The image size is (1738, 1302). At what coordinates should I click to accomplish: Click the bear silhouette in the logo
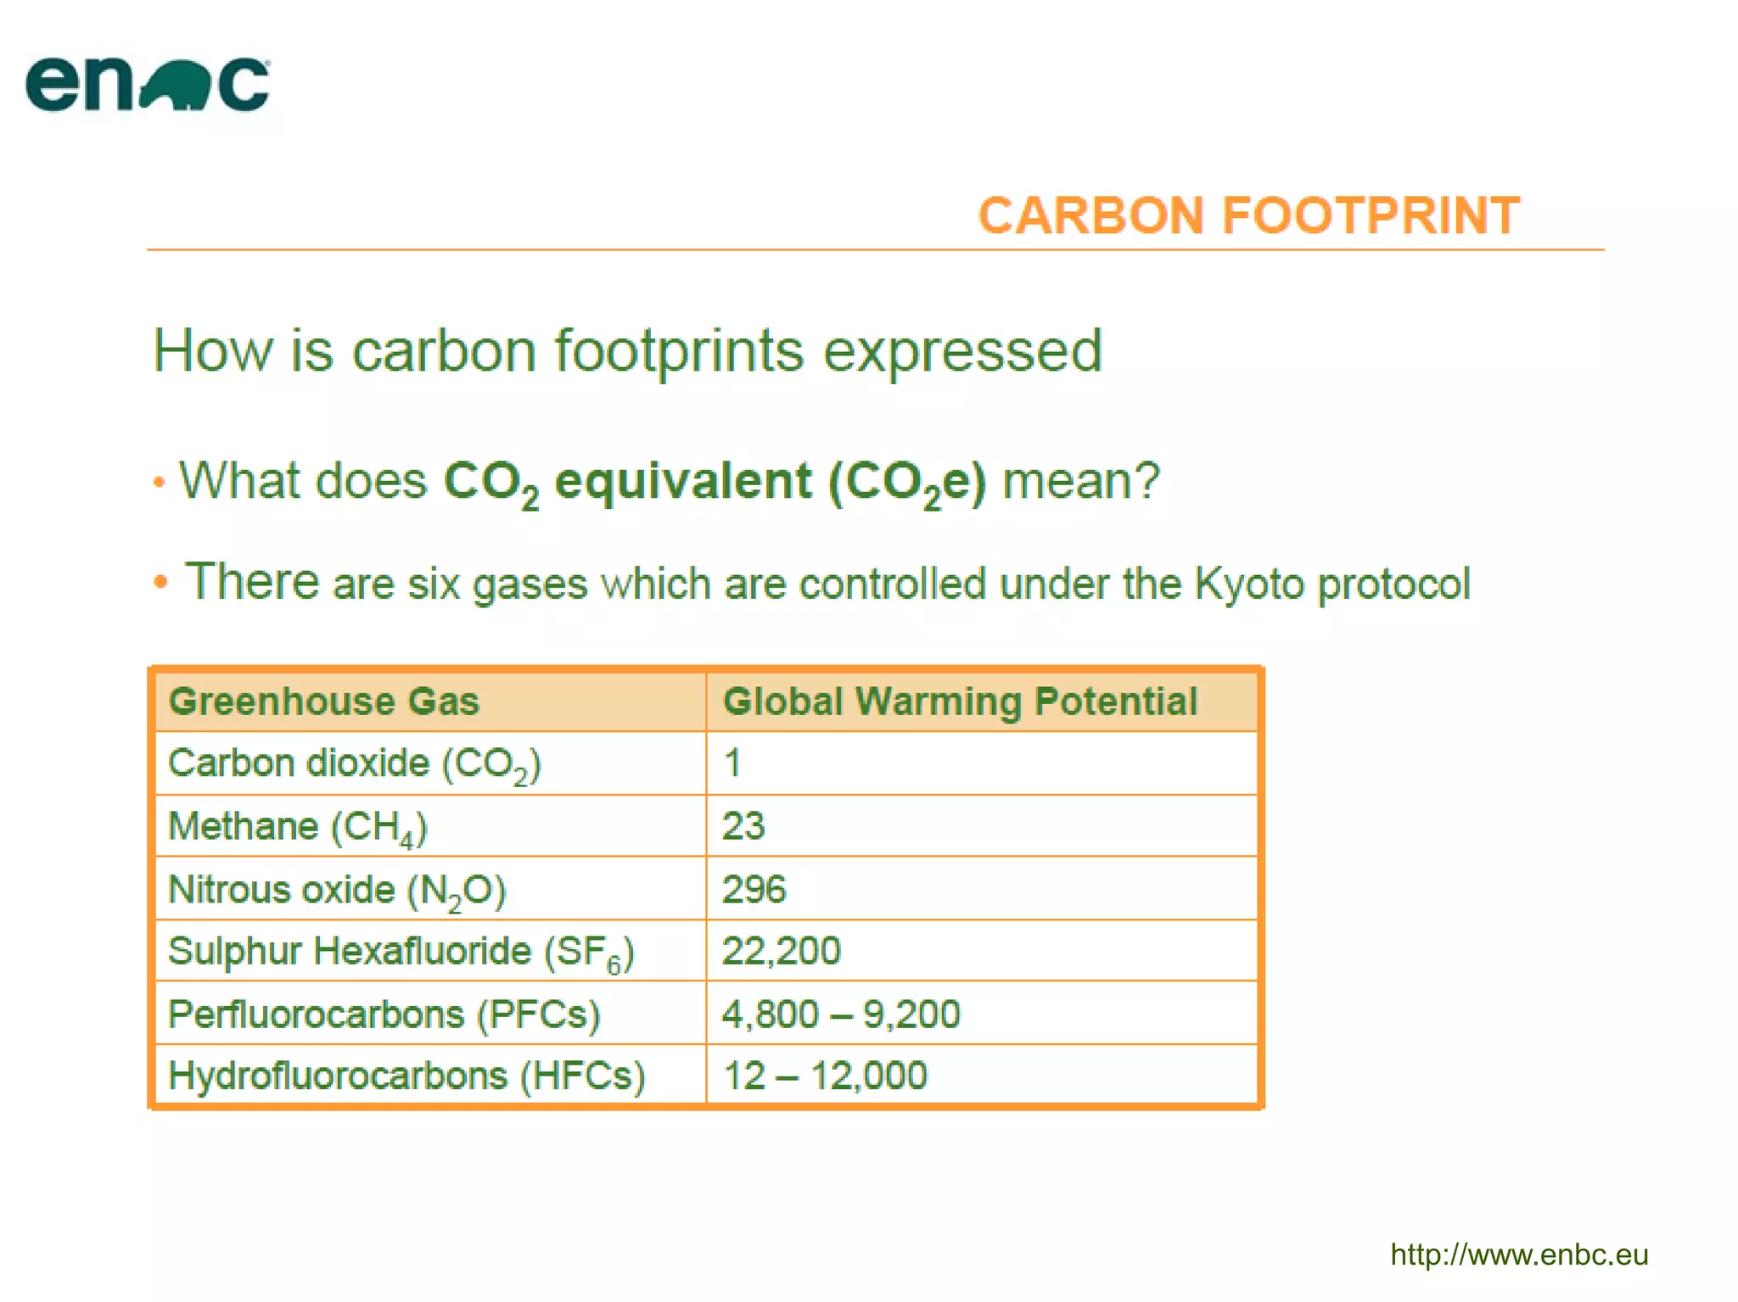176,86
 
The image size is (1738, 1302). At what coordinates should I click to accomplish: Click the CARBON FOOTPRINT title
1248,215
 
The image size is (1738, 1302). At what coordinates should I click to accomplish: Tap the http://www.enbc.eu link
1518,1255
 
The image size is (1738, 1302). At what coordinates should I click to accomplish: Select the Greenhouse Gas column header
324,701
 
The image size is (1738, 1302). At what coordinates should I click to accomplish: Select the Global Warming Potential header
960,701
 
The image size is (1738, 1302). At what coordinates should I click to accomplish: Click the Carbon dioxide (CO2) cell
354,763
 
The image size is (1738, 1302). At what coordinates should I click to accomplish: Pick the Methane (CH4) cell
298,826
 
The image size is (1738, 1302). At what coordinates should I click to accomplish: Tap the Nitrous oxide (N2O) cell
337,890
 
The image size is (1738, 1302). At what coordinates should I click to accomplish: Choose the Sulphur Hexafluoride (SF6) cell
401,952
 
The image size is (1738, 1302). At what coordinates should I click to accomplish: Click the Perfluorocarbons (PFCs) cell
384,1014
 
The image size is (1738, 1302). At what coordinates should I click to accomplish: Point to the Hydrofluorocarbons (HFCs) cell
406,1076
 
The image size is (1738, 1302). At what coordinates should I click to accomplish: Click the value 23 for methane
743,826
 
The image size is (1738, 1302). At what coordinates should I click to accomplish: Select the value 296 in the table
754,890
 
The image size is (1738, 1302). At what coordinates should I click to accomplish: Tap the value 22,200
781,951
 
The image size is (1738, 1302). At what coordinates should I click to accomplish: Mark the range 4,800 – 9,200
840,1014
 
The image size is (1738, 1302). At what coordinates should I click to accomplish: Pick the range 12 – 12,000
825,1076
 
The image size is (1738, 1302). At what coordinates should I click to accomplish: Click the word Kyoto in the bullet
1248,584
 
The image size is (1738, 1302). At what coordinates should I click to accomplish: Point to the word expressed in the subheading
962,351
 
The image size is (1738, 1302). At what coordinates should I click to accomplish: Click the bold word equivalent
683,481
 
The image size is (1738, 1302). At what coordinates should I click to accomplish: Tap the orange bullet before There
160,583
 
